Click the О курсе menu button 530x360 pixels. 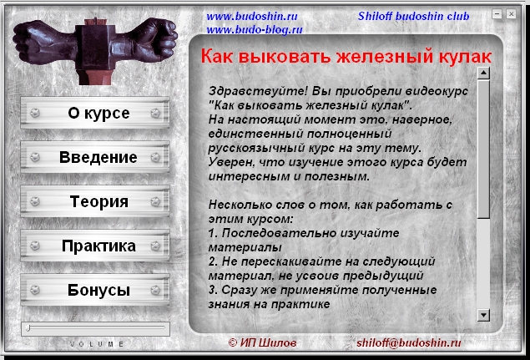pos(95,113)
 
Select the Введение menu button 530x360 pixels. pos(95,157)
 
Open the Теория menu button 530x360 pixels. pos(95,201)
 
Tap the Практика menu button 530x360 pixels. pos(95,246)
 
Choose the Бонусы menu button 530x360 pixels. pos(95,290)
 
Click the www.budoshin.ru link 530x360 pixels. pos(252,16)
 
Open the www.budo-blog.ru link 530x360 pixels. pos(255,30)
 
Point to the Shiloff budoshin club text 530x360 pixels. pos(413,16)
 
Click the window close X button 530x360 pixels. pos(511,14)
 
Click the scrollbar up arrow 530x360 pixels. pos(484,73)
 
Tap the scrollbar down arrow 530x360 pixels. pos(484,315)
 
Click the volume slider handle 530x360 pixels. pos(28,328)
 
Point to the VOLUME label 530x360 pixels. pos(97,344)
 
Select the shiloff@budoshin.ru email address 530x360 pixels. pos(408,342)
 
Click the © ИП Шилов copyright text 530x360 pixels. pos(262,342)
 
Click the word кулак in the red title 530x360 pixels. pos(465,56)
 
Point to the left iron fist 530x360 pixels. pos(44,43)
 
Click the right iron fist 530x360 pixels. pos(144,40)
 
